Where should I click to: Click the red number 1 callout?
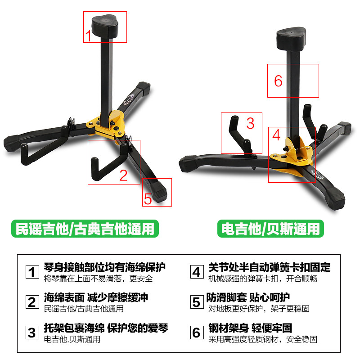pyautogui.click(x=88, y=36)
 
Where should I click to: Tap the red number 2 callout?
pyautogui.click(x=123, y=175)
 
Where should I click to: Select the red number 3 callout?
pyautogui.click(x=250, y=123)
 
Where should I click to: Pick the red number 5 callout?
pyautogui.click(x=148, y=199)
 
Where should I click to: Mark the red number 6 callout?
pyautogui.click(x=278, y=81)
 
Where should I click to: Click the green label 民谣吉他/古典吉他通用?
pyautogui.click(x=85, y=229)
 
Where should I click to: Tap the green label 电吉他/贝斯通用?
pyautogui.click(x=270, y=229)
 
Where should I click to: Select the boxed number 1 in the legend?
pyautogui.click(x=32, y=272)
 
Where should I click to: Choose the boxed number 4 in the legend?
pyautogui.click(x=197, y=272)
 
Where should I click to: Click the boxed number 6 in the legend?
pyautogui.click(x=197, y=333)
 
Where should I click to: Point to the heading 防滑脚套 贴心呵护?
pyautogui.click(x=248, y=297)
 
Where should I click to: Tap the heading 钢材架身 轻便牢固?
pyautogui.click(x=250, y=328)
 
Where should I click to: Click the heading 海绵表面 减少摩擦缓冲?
pyautogui.click(x=96, y=297)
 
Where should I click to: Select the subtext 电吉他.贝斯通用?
pyautogui.click(x=72, y=339)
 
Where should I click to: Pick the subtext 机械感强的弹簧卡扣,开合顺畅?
pyautogui.click(x=263, y=279)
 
